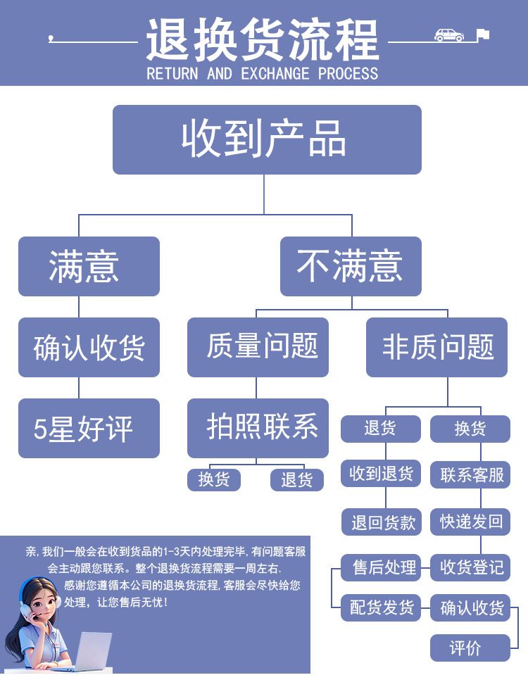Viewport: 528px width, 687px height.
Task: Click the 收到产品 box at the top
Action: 267,139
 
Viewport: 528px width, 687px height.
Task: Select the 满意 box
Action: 89,266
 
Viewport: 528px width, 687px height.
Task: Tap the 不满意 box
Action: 351,266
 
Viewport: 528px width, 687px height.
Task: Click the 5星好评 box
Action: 89,428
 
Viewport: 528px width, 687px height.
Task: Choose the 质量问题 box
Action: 258,347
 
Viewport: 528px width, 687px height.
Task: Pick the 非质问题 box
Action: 436,347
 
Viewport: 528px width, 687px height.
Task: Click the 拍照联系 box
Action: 258,428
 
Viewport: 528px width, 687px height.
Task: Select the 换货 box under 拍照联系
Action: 214,479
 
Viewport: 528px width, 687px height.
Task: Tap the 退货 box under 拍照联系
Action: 297,479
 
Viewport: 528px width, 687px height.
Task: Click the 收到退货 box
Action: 381,474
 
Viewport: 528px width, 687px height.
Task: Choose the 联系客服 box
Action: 470,474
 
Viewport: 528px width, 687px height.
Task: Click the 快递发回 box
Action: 470,522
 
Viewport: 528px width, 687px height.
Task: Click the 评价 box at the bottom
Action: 470,648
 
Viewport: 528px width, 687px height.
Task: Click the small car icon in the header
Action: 449,35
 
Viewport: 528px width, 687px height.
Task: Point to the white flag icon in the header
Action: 482,34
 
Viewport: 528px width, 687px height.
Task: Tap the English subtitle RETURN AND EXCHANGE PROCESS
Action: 262,73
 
